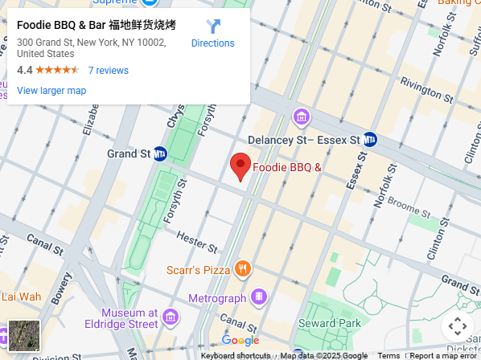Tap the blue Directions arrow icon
(213, 27)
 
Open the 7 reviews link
(108, 71)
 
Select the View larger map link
(51, 91)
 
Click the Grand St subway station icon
(160, 153)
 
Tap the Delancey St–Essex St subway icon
(371, 140)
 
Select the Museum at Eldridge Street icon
(170, 317)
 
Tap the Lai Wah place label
(21, 296)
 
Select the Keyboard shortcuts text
(235, 355)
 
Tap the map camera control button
(457, 326)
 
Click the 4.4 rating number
(24, 71)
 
